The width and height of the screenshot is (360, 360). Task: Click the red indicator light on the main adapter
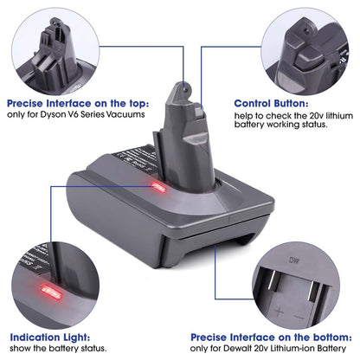click(x=158, y=187)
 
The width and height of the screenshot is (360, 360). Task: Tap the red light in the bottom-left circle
click(x=52, y=292)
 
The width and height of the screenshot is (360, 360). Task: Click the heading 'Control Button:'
click(x=271, y=103)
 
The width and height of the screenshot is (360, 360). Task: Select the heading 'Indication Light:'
click(x=50, y=337)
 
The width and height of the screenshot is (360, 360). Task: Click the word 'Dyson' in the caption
click(x=53, y=114)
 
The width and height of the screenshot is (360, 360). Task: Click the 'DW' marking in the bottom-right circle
click(x=293, y=260)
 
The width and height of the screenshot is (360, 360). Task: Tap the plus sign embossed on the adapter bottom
click(x=279, y=312)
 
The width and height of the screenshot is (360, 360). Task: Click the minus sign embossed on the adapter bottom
click(x=300, y=317)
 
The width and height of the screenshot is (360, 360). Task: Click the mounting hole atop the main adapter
click(x=186, y=90)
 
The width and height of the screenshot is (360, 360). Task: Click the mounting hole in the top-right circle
click(x=307, y=29)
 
